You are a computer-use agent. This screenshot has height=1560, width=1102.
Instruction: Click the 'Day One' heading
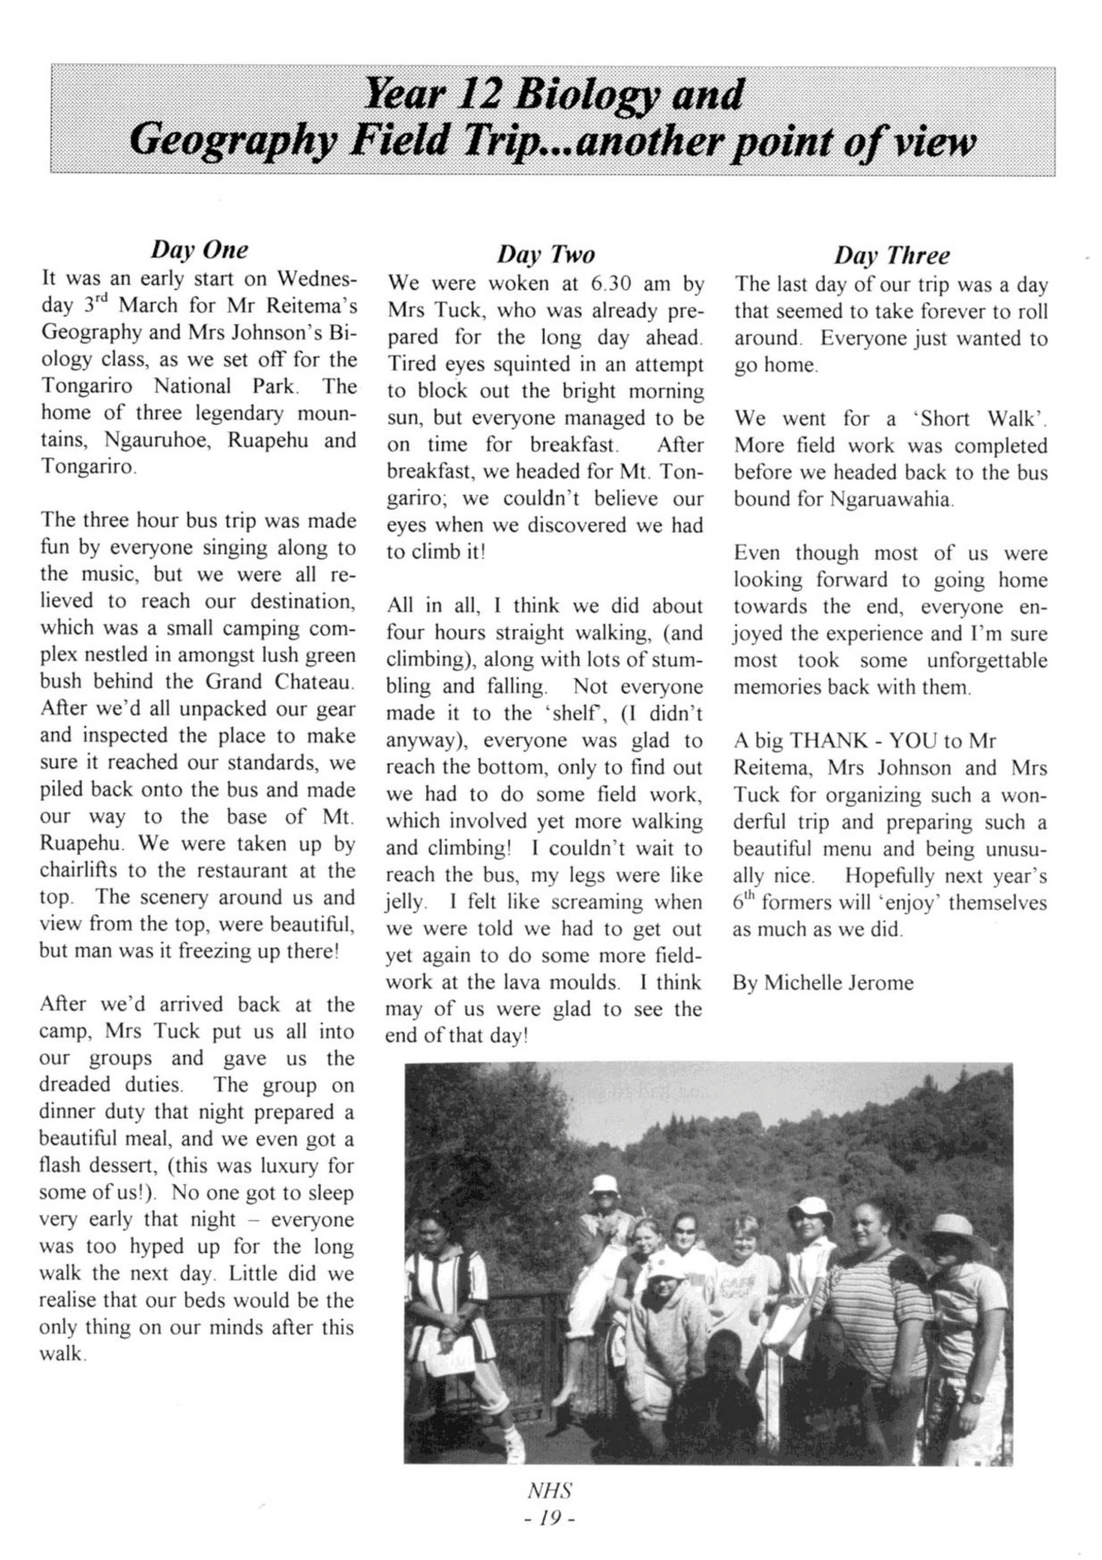(199, 250)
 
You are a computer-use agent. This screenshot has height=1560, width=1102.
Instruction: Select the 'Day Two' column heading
(546, 254)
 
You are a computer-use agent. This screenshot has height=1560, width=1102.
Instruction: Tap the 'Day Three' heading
(891, 255)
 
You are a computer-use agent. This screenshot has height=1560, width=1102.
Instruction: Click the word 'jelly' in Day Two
(405, 902)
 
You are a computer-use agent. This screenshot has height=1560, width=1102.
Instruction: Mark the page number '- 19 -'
(549, 1518)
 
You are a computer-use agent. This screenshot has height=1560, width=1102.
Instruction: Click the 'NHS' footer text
(549, 1492)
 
